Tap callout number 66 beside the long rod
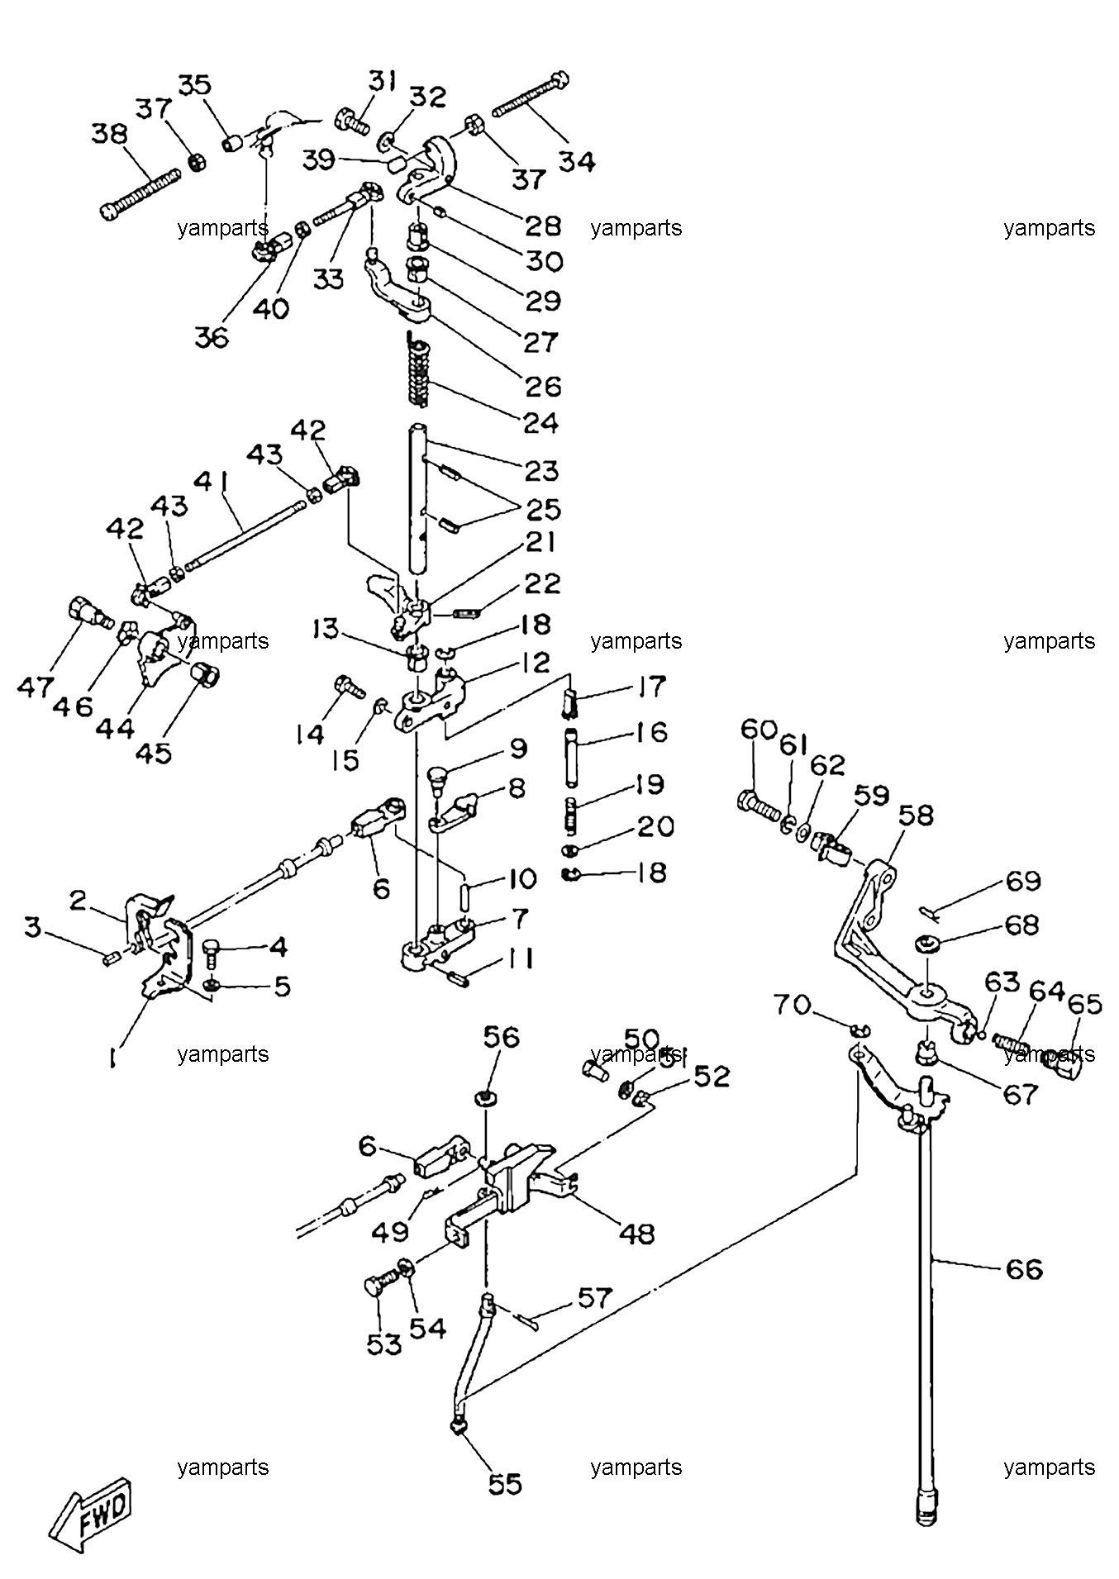coord(1024,1268)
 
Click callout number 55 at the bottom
coord(504,1484)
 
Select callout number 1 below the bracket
coord(112,1058)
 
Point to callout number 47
coord(35,686)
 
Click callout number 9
coord(517,749)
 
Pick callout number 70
coord(793,1006)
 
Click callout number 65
coord(1084,1004)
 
